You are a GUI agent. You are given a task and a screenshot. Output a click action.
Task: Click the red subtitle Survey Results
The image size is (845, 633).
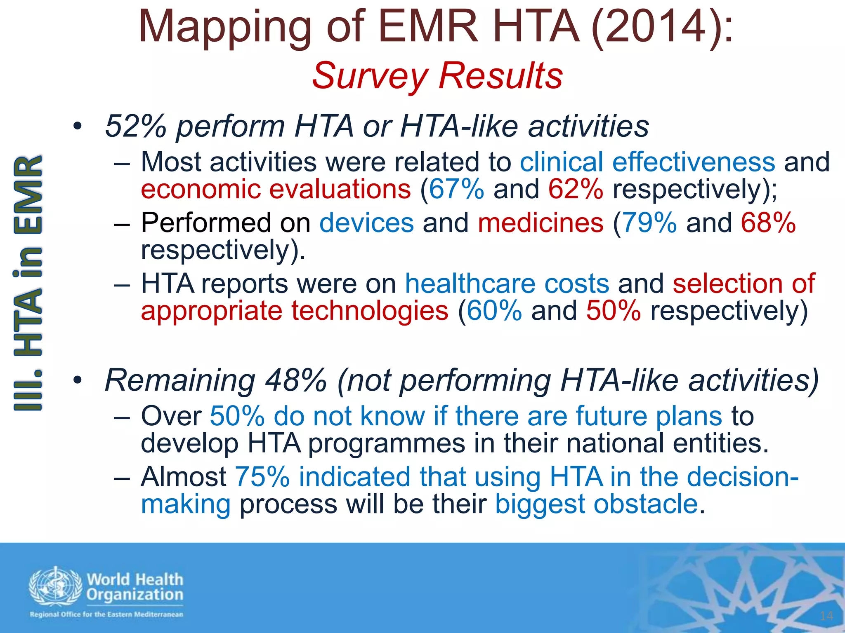click(x=437, y=76)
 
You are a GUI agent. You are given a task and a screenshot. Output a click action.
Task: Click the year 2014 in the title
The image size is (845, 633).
click(x=651, y=26)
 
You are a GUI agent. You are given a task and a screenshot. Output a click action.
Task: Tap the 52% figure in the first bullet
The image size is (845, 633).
click(x=136, y=126)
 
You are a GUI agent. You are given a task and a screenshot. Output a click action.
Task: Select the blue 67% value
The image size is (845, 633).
click(x=456, y=189)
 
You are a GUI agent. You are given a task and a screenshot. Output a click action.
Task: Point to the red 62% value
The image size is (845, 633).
click(x=576, y=189)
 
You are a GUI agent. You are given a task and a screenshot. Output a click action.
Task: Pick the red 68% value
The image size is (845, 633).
click(x=768, y=223)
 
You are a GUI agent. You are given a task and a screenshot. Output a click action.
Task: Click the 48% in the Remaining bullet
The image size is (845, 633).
click(x=296, y=380)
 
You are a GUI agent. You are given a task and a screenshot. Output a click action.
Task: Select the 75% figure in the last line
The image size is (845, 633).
click(x=262, y=477)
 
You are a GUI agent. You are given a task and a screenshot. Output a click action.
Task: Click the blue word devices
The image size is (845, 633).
click(x=366, y=223)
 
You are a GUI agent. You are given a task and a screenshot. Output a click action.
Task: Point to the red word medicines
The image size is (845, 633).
click(x=541, y=223)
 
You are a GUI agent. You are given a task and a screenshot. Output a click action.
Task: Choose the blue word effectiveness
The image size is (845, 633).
click(x=694, y=162)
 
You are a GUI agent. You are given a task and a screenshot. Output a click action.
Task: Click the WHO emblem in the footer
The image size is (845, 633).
click(x=55, y=587)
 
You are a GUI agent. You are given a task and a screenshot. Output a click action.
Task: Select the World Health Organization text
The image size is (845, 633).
click(x=135, y=587)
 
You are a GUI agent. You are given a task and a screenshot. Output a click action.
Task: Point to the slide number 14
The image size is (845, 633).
click(x=826, y=616)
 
